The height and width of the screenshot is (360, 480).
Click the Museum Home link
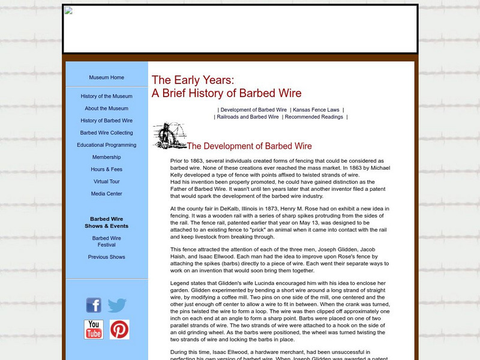106,77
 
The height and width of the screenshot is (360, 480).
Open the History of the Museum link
106,96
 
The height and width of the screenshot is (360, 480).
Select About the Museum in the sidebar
106,109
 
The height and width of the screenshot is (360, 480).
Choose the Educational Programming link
106,145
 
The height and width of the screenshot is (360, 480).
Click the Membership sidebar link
106,157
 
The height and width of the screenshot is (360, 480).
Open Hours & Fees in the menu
106,169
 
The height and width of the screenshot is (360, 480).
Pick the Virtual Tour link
106,181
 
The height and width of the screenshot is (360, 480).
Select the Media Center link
106,194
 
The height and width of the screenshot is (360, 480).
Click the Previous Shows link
106,257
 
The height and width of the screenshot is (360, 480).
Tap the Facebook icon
94,305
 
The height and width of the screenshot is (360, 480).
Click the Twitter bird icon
118,305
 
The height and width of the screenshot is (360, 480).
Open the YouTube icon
94,329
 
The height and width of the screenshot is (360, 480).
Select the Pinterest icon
119,329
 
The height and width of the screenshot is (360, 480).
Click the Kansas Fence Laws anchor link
316,110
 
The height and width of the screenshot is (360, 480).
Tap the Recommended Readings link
314,117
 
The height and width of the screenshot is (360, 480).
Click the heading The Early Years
193,80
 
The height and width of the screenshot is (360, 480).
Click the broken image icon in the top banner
69,11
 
